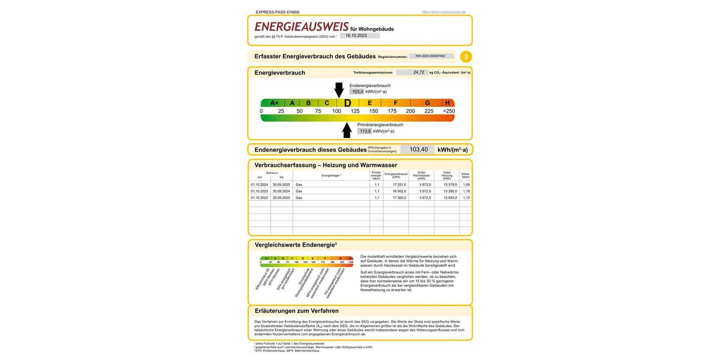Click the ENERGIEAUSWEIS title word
(x=301, y=27)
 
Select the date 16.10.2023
(x=356, y=35)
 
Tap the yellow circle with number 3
(x=466, y=57)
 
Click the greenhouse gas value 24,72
(x=418, y=72)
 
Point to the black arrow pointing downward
(x=339, y=90)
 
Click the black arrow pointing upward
(x=347, y=130)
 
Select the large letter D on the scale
(x=347, y=103)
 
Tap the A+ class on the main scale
(x=274, y=103)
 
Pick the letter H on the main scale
(x=447, y=103)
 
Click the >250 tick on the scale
(x=449, y=111)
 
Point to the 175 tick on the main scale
(x=392, y=111)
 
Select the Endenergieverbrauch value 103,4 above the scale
(x=358, y=92)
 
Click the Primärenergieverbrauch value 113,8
(x=365, y=131)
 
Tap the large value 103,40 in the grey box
(x=419, y=150)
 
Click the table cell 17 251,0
(x=399, y=185)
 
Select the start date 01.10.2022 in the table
(x=259, y=197)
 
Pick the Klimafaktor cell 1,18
(x=466, y=191)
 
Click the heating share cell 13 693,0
(x=450, y=197)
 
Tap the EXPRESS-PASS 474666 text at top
(x=277, y=12)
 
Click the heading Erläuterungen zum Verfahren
(x=296, y=311)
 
